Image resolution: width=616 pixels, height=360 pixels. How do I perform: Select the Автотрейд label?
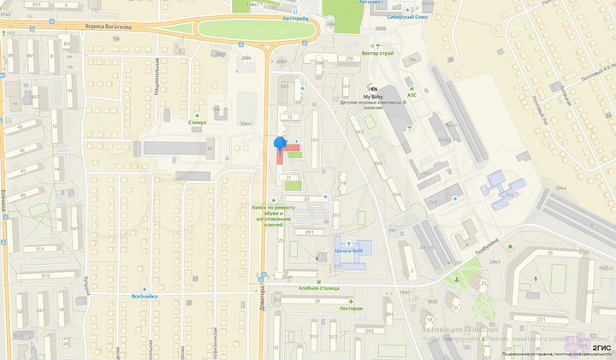295,17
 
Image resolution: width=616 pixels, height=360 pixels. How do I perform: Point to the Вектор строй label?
377,53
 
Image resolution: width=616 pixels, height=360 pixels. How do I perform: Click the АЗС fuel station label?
412,95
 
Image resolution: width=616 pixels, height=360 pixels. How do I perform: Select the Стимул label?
198,123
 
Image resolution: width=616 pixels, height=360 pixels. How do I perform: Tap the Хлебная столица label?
319,288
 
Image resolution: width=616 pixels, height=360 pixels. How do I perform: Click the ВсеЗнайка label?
143,297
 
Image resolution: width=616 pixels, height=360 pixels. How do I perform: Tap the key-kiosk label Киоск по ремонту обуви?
272,214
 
